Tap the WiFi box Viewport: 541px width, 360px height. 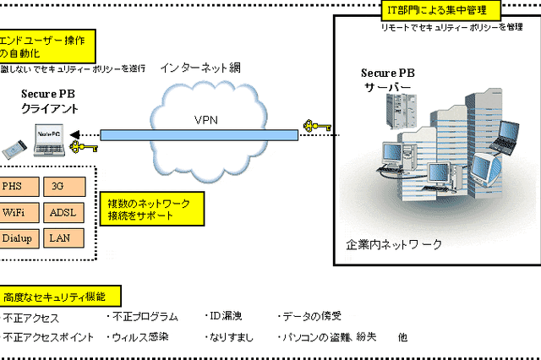16,212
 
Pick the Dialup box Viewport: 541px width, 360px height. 16,238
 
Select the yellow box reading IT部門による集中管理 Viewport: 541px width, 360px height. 439,10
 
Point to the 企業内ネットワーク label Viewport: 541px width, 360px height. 394,245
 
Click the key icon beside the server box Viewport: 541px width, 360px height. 317,128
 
